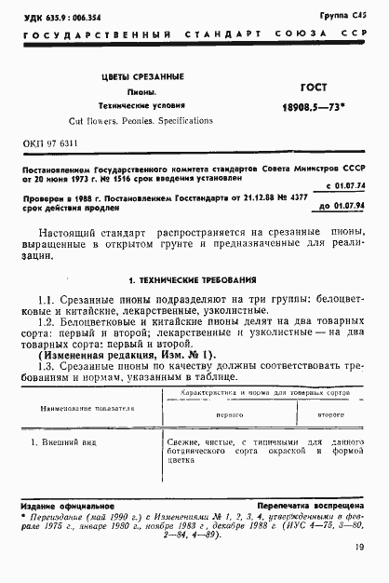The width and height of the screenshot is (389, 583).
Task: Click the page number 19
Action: point(359,561)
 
